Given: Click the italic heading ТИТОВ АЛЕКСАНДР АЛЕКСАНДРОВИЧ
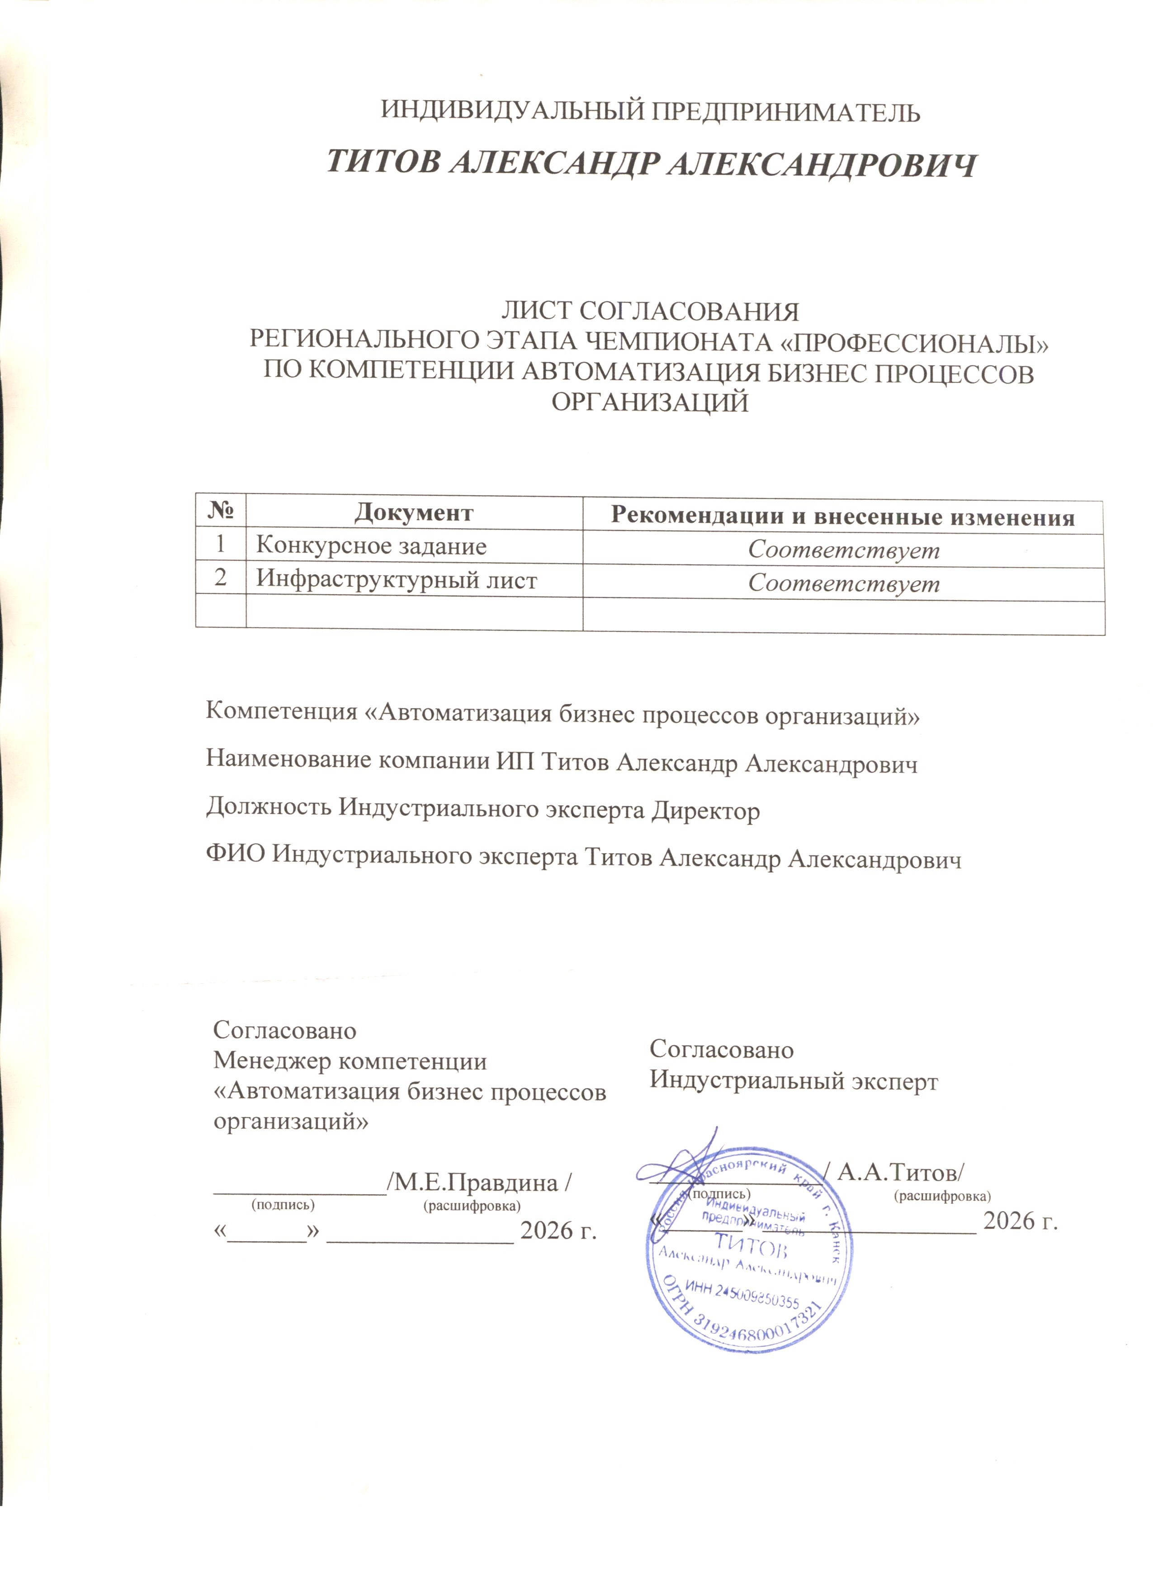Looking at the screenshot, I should point(651,164).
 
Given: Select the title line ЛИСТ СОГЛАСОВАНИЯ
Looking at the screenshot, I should point(650,310).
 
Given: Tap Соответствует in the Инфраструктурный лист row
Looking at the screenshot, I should point(844,583).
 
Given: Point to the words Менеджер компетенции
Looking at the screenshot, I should point(350,1061).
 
